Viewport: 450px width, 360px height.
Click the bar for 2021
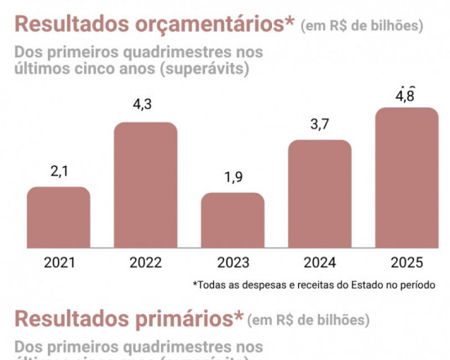click(x=58, y=217)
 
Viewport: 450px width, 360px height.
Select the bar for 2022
click(x=145, y=185)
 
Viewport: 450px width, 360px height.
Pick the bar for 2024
click(x=319, y=194)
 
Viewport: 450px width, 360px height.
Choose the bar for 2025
click(x=406, y=178)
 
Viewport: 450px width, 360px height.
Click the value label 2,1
click(x=58, y=171)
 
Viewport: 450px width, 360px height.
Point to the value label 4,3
click(x=145, y=107)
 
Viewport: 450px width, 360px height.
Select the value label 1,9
click(x=233, y=177)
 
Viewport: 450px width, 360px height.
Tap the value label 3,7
click(x=319, y=124)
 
